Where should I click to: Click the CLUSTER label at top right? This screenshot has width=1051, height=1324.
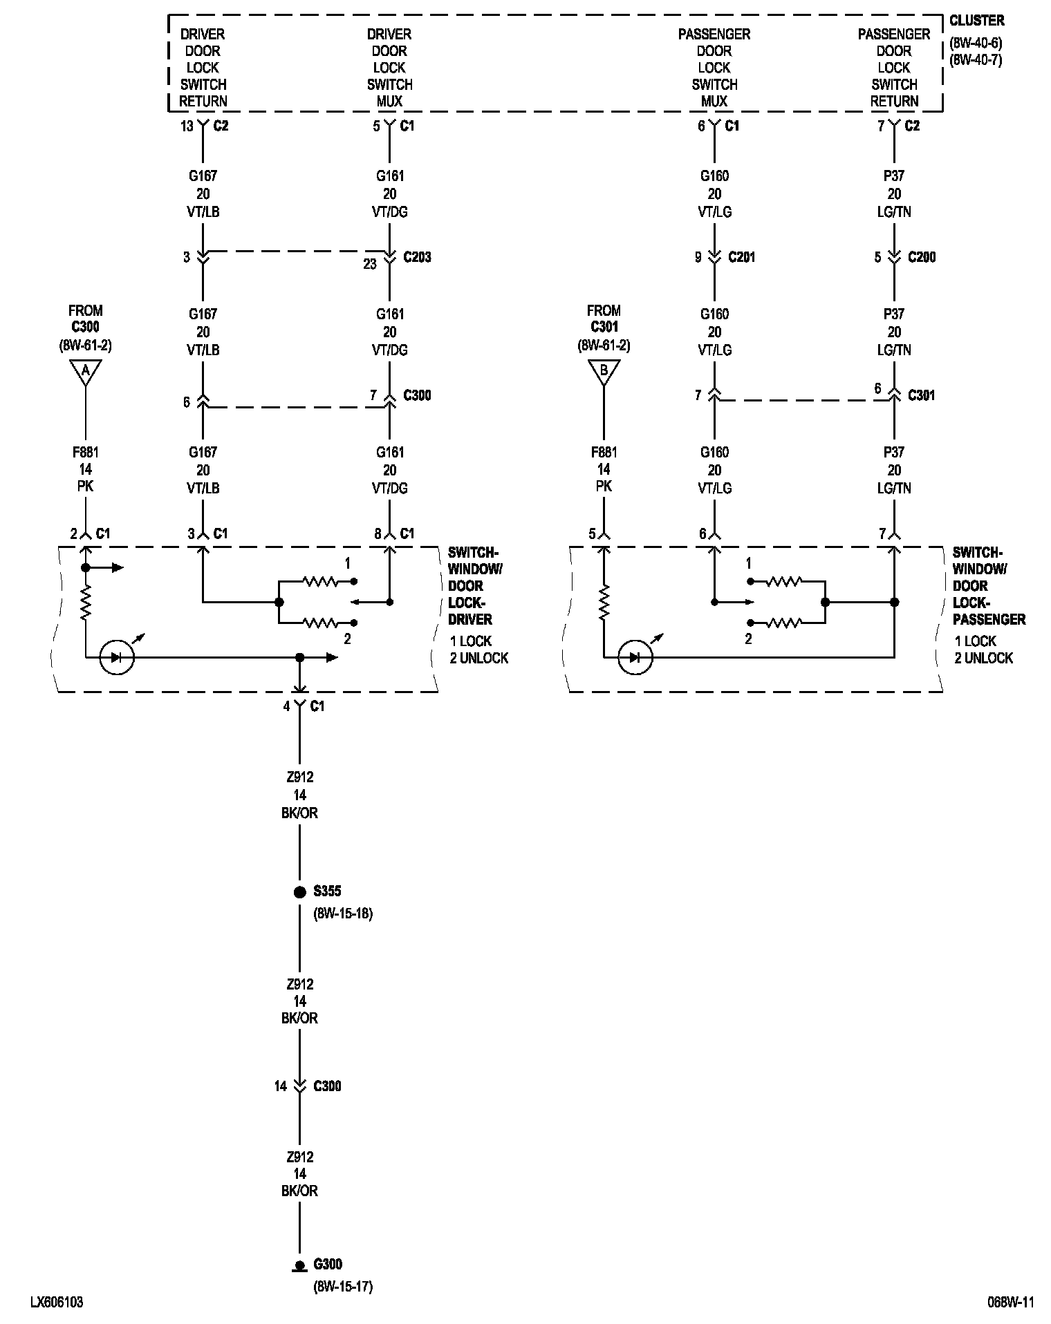pyautogui.click(x=976, y=21)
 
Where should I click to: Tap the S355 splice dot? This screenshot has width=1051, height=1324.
pyautogui.click(x=299, y=892)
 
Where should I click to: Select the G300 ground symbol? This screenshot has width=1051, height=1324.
pyautogui.click(x=299, y=1266)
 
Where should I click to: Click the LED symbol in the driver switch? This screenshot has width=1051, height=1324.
pyautogui.click(x=117, y=657)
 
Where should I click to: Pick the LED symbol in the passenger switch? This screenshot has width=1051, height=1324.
pyautogui.click(x=635, y=657)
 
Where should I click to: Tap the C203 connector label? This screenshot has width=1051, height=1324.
pyautogui.click(x=417, y=257)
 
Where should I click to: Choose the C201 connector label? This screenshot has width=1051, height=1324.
pyautogui.click(x=742, y=257)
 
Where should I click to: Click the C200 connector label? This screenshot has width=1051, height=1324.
pyautogui.click(x=922, y=257)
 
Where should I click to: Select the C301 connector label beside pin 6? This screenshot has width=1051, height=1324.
pyautogui.click(x=922, y=395)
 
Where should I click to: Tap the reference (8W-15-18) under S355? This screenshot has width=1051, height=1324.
pyautogui.click(x=343, y=914)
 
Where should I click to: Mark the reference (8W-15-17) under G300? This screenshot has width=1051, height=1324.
pyautogui.click(x=343, y=1287)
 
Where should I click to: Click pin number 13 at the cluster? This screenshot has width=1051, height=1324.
pyautogui.click(x=187, y=126)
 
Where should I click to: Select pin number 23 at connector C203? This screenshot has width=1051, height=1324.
pyautogui.click(x=370, y=263)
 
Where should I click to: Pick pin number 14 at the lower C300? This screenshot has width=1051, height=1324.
pyautogui.click(x=280, y=1086)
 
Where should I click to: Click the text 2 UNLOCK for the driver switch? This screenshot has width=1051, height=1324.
pyautogui.click(x=479, y=658)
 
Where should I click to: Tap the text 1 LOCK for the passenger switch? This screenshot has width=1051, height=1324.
pyautogui.click(x=976, y=641)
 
